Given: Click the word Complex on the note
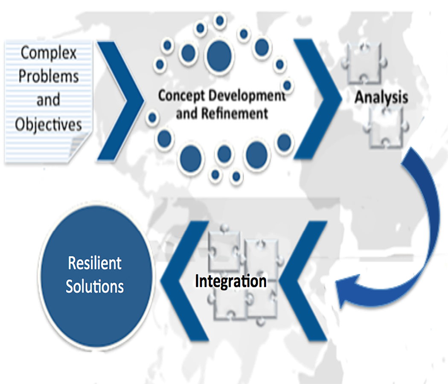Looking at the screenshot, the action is click(x=49, y=53).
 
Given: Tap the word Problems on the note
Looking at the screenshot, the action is click(x=49, y=76).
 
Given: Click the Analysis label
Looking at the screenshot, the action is click(x=381, y=97).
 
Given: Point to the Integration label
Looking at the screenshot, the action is click(x=231, y=281).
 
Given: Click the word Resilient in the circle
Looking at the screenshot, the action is click(x=95, y=263).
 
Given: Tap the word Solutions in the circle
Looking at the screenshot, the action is click(x=95, y=286).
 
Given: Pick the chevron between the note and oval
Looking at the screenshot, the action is click(x=124, y=98).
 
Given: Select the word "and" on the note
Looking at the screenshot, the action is click(x=48, y=100).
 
